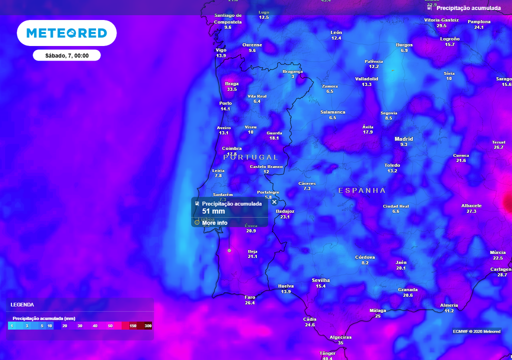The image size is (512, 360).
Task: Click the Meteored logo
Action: click(66, 33)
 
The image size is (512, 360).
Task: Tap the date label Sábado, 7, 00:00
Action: click(67, 55)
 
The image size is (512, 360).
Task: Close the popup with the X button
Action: click(274, 202)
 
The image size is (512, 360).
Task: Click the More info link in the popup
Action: click(214, 223)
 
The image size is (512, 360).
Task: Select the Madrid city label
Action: click(404, 139)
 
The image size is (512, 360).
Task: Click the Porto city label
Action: click(225, 103)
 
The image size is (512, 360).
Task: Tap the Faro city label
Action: click(250, 297)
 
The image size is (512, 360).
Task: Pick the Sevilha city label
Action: click(320, 280)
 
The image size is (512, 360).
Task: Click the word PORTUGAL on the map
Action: click(250, 157)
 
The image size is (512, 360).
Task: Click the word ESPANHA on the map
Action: click(362, 190)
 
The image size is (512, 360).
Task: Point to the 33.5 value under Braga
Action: click(231, 89)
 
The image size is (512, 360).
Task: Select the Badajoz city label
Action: click(285, 211)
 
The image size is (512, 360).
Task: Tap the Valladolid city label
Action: click(366, 79)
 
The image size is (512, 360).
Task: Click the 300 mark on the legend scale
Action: click(148, 326)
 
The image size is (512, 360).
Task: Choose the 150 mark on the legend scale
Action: click(133, 326)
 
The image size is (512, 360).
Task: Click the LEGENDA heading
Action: click(22, 304)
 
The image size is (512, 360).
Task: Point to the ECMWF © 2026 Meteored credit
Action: click(476, 331)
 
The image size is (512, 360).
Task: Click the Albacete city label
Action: click(471, 205)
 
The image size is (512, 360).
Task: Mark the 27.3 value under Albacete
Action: click(471, 211)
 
